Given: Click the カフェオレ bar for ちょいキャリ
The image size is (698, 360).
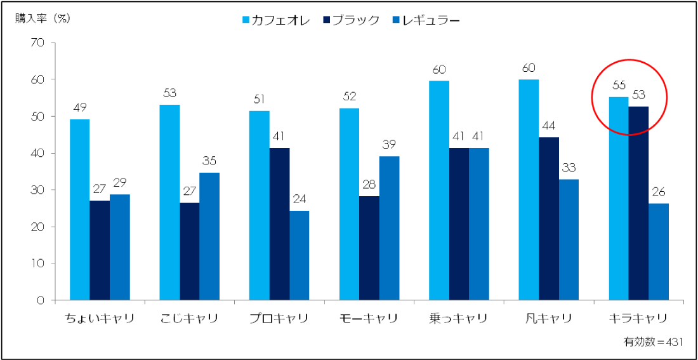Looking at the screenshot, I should (79, 210).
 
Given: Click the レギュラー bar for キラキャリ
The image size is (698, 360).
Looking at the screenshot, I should (658, 251).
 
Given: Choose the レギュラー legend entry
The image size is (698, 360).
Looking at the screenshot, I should (429, 20).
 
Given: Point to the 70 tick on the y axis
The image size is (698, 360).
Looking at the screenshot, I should (37, 43).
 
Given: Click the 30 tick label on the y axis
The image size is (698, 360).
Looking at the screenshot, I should (37, 190).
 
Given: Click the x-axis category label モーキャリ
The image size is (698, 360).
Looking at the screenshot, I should (369, 318).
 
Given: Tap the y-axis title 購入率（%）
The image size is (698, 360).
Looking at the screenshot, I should (43, 18).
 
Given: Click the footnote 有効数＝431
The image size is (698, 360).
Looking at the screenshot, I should (653, 342).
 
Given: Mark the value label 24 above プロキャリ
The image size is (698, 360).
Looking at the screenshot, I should (299, 199).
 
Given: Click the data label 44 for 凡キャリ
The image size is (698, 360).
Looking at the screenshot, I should (549, 125).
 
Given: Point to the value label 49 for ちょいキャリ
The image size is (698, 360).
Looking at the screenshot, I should (79, 107).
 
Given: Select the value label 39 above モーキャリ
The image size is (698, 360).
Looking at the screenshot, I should (389, 144).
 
